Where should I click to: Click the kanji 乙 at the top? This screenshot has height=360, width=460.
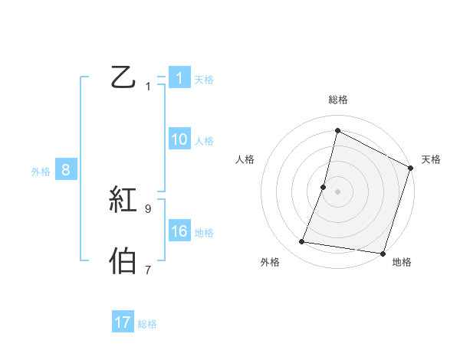(x=123, y=77)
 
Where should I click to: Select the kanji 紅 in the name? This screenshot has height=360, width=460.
(x=123, y=201)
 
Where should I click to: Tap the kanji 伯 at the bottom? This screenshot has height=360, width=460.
(x=123, y=261)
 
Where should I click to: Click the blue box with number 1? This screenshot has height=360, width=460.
(x=179, y=77)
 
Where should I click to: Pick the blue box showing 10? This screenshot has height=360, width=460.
(x=179, y=139)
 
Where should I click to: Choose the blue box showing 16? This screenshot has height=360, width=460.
(x=179, y=231)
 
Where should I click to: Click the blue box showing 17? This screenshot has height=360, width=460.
(x=123, y=322)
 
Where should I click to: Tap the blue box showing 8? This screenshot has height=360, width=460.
(x=66, y=170)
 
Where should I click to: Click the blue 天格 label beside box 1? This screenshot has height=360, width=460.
(x=204, y=79)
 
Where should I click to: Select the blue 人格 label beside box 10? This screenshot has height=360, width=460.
(x=204, y=141)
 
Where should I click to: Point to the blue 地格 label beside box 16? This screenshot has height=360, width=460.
(x=204, y=233)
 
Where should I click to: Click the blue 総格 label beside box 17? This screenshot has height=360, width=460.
(x=147, y=324)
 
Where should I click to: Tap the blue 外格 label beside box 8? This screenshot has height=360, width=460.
(x=41, y=172)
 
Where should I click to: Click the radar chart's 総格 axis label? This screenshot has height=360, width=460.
(x=337, y=100)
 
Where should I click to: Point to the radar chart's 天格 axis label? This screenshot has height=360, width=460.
(x=431, y=159)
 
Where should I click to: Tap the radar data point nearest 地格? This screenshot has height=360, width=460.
(x=382, y=253)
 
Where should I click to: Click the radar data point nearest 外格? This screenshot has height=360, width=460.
(x=302, y=242)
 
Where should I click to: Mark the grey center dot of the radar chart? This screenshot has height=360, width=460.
(x=337, y=191)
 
